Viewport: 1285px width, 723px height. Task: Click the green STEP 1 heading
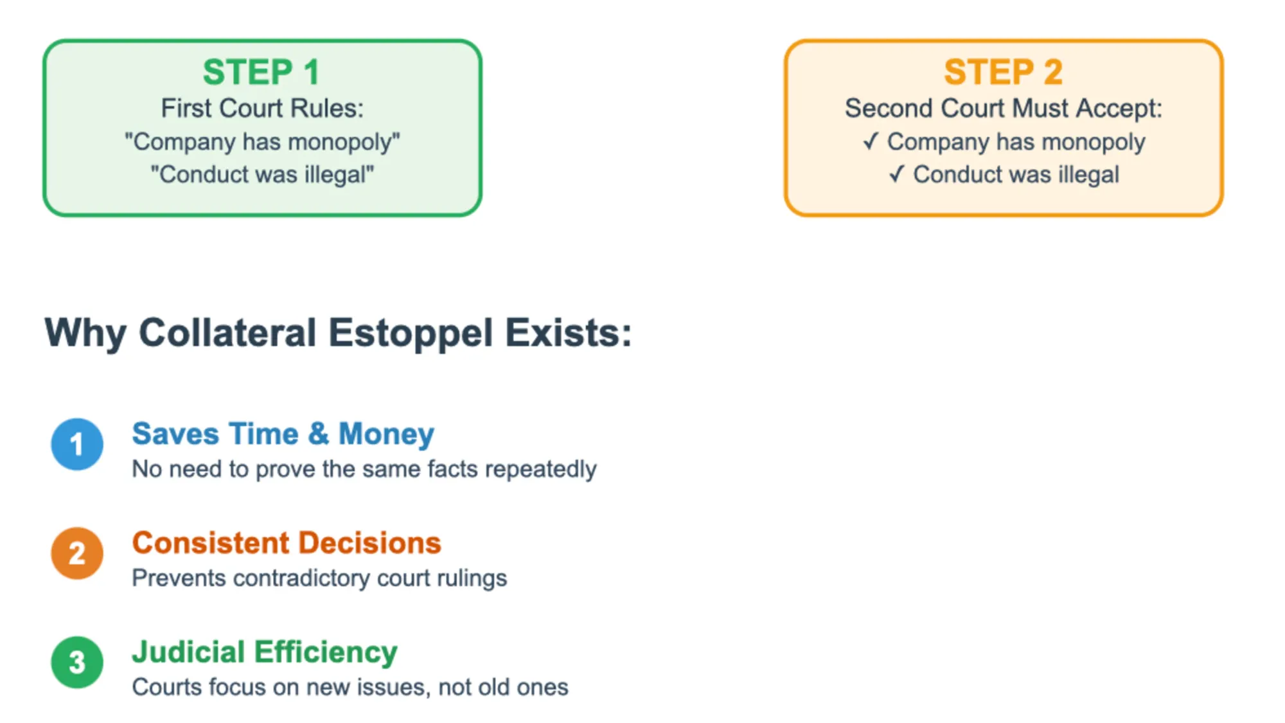[261, 72]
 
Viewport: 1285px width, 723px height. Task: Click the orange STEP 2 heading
[1003, 72]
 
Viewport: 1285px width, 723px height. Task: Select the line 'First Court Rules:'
[262, 108]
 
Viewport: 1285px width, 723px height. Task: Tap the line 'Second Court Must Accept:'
[1003, 108]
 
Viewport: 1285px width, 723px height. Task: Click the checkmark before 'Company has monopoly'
[871, 141]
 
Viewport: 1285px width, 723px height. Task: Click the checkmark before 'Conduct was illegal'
[897, 174]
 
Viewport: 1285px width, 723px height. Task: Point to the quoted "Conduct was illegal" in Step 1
[262, 174]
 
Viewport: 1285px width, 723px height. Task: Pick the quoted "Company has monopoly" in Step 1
[262, 141]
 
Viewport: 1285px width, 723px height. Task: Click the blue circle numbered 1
[77, 444]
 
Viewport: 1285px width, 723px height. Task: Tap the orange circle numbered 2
[77, 553]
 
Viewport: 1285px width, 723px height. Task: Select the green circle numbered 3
[77, 663]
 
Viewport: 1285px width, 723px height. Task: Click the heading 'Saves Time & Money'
[283, 434]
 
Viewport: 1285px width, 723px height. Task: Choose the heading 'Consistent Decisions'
[287, 543]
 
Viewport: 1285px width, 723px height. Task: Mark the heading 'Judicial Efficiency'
[265, 652]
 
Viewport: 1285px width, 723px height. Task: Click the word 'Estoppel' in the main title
[411, 333]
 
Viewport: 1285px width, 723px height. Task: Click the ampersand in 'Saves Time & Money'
[318, 434]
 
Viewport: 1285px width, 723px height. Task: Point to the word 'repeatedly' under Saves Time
[541, 469]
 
